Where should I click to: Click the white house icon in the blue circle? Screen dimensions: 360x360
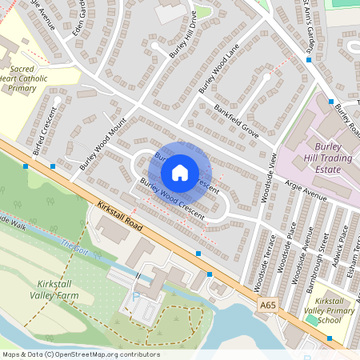(x=180, y=173)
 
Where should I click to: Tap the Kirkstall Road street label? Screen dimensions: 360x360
(x=120, y=216)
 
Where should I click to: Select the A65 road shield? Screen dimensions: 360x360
(x=268, y=305)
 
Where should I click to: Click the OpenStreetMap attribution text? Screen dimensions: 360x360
(x=80, y=354)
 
